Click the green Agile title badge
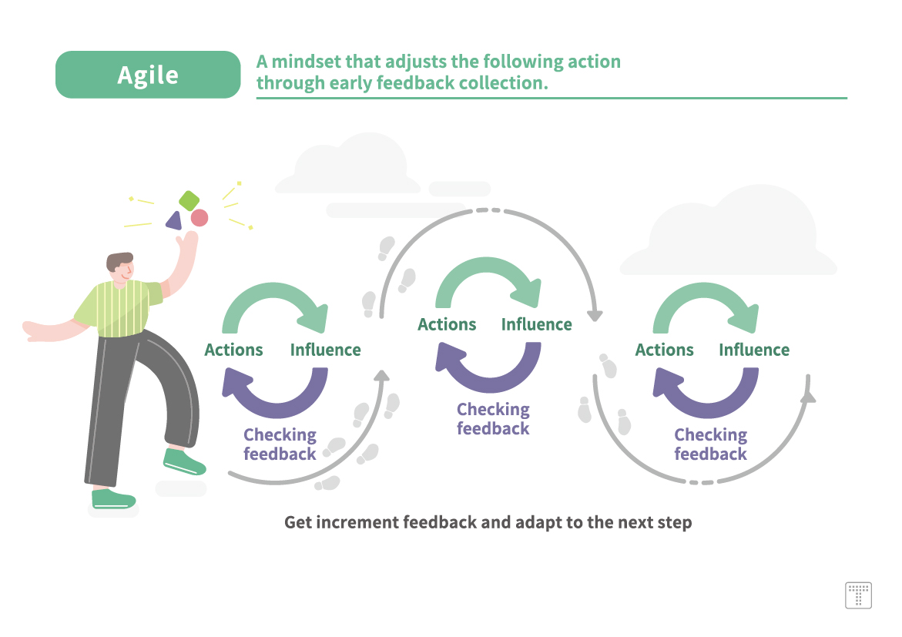pyautogui.click(x=148, y=75)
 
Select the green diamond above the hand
pyautogui.click(x=189, y=201)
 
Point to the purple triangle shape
pyautogui.click(x=174, y=220)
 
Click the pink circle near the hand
pyautogui.click(x=199, y=218)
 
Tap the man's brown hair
pyautogui.click(x=118, y=261)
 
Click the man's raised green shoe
pyautogui.click(x=184, y=461)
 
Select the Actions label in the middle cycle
pyautogui.click(x=447, y=324)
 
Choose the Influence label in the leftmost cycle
pyautogui.click(x=326, y=350)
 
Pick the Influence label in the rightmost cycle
pyautogui.click(x=754, y=350)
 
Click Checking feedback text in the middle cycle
pyautogui.click(x=493, y=419)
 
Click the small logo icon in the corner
pyautogui.click(x=858, y=595)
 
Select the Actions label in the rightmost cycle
pyautogui.click(x=665, y=350)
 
